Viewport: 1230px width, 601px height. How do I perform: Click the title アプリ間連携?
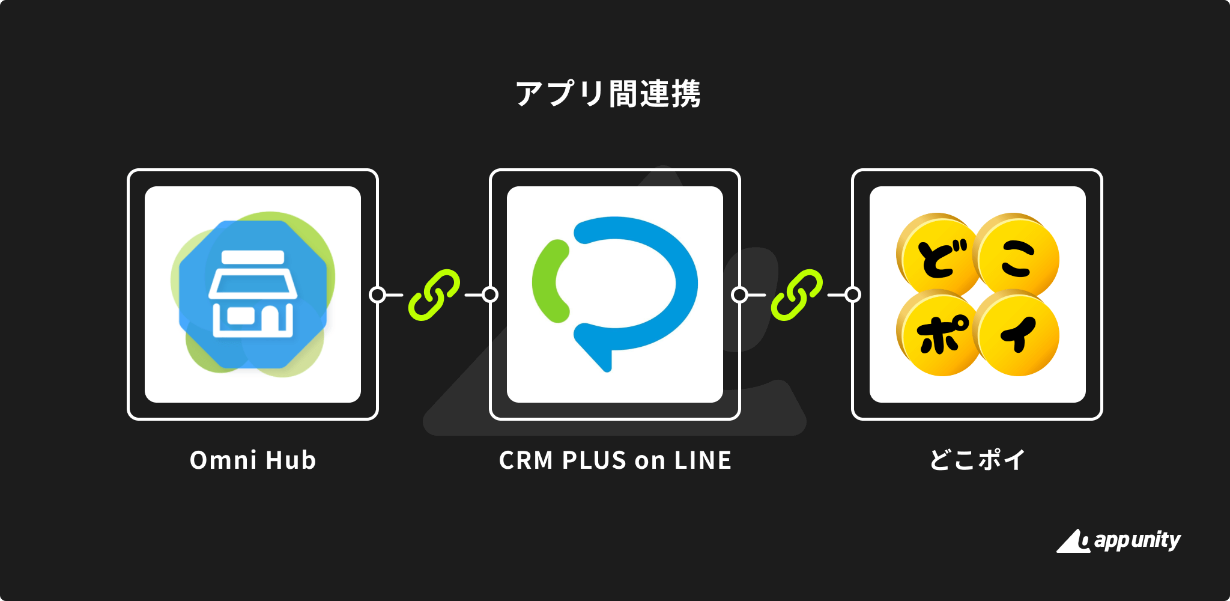608,94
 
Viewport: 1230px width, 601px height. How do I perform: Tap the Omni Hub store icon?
253,293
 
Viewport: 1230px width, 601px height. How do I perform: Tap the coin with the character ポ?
938,334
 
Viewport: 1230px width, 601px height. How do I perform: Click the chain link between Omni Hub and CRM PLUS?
434,294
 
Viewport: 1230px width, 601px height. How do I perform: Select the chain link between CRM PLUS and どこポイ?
796,294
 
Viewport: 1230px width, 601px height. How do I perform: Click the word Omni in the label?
223,460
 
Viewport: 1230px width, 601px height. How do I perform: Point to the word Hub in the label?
291,460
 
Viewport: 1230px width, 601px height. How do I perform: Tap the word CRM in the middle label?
526,460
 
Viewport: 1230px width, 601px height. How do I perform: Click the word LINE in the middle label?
703,460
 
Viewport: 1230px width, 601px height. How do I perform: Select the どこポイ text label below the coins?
977,460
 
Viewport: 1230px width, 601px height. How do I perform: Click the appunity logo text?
1137,540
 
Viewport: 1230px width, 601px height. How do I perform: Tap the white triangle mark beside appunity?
1071,542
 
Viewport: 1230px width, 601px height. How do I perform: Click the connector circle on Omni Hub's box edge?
377,294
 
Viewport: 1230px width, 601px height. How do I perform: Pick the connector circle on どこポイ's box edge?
853,294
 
